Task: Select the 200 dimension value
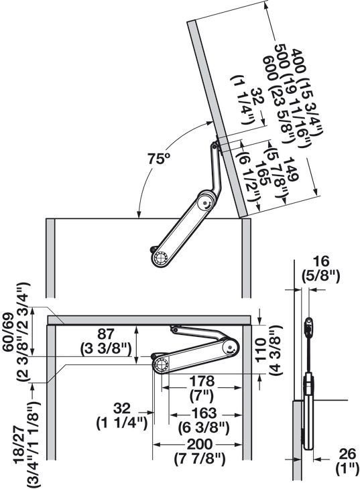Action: coord(200,445)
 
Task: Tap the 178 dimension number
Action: coord(202,381)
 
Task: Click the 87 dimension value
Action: coord(105,334)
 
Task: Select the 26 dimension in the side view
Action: coord(347,453)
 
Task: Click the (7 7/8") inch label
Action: coord(200,459)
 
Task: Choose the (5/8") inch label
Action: coord(320,276)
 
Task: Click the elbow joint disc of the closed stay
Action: coord(230,348)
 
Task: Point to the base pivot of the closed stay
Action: coord(161,364)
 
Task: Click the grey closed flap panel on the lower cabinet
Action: coord(149,320)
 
